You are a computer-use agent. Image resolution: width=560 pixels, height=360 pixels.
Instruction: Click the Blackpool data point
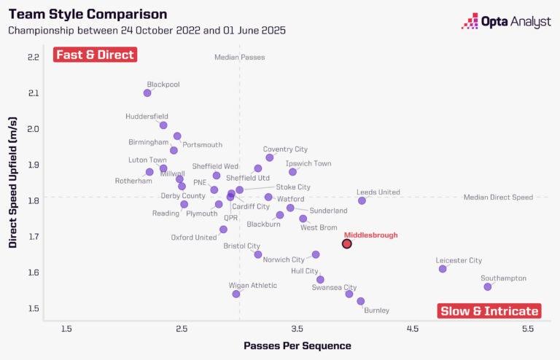pyautogui.click(x=147, y=93)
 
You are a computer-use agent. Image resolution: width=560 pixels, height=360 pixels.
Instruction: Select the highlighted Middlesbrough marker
pyautogui.click(x=347, y=243)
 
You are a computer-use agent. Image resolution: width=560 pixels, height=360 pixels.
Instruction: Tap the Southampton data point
pyautogui.click(x=488, y=286)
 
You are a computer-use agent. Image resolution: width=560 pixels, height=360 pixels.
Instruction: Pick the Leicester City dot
pyautogui.click(x=443, y=269)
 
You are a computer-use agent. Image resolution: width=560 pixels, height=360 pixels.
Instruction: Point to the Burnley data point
pyautogui.click(x=360, y=301)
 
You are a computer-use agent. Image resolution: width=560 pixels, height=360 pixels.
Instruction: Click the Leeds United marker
pyautogui.click(x=362, y=200)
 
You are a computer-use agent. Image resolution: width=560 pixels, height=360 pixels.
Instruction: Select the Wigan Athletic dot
pyautogui.click(x=236, y=294)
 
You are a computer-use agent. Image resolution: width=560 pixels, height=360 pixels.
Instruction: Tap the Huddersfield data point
pyautogui.click(x=163, y=125)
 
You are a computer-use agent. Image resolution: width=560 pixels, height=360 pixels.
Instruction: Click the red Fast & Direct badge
pyautogui.click(x=95, y=55)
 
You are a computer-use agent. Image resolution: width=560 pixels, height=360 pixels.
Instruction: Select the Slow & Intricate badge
pyautogui.click(x=490, y=311)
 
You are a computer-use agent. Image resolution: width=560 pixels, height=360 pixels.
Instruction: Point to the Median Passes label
pyautogui.click(x=239, y=57)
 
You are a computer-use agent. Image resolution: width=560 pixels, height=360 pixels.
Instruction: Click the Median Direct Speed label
pyautogui.click(x=498, y=197)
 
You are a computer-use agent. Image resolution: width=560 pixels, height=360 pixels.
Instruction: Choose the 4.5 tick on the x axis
pyautogui.click(x=413, y=329)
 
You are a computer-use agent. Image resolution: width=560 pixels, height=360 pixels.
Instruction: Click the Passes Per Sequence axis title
pyautogui.click(x=297, y=345)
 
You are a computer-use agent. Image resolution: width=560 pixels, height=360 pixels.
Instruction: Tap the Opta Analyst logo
pyautogui.click(x=506, y=22)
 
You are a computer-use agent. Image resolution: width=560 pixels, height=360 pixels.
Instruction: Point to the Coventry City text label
pyautogui.click(x=285, y=149)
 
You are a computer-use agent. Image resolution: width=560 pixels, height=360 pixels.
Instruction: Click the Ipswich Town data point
pyautogui.click(x=292, y=172)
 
